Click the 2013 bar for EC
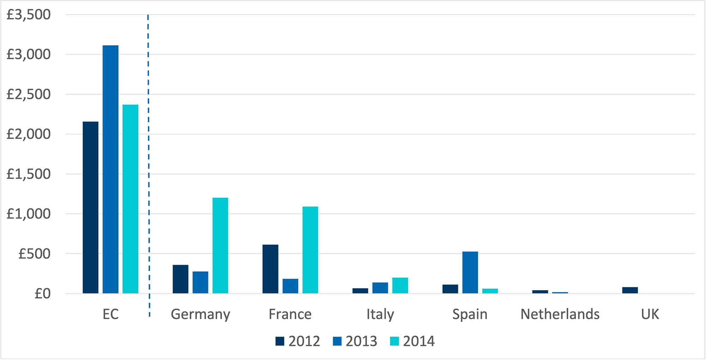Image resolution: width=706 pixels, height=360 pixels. pyautogui.click(x=110, y=169)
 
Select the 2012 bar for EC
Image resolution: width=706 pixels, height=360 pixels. pyautogui.click(x=91, y=208)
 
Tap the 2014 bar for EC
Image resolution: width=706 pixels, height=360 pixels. pyautogui.click(x=130, y=199)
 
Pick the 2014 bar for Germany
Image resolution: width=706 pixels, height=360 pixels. pyautogui.click(x=220, y=245)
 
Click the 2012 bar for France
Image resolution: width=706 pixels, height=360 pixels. pyautogui.click(x=270, y=269)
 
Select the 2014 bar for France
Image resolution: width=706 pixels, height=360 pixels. pyautogui.click(x=310, y=250)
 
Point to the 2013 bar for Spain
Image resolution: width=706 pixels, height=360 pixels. pyautogui.click(x=470, y=272)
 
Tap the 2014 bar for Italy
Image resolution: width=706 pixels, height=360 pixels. pyautogui.click(x=400, y=286)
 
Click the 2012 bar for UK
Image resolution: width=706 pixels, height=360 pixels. pyautogui.click(x=630, y=290)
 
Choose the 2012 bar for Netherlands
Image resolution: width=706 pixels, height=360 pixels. pyautogui.click(x=540, y=292)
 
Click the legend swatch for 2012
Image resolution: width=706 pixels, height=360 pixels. pyautogui.click(x=280, y=341)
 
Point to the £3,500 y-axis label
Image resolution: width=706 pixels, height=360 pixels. pyautogui.click(x=29, y=15)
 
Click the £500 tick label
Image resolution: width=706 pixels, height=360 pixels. pyautogui.click(x=35, y=254)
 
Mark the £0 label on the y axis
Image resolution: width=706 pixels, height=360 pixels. pyautogui.click(x=42, y=294)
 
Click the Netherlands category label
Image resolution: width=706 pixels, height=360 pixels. pyautogui.click(x=560, y=314)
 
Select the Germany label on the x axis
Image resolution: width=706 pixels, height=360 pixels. pyautogui.click(x=200, y=314)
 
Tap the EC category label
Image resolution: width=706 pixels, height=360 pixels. pyautogui.click(x=110, y=314)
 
